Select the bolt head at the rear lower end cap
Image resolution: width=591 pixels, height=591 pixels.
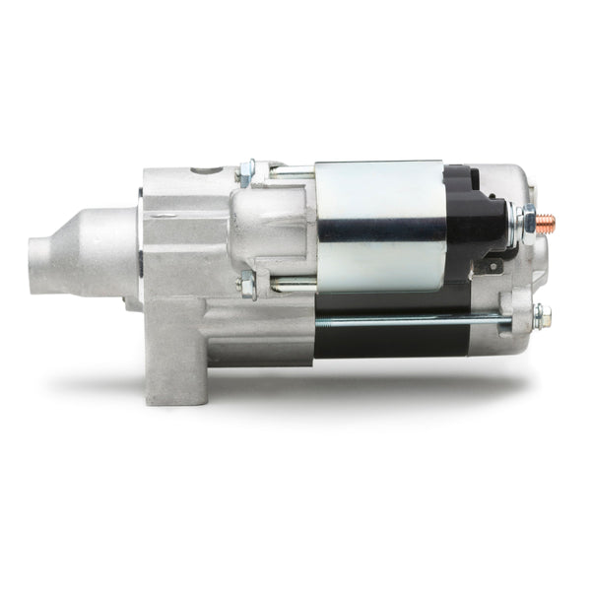(x=540, y=317)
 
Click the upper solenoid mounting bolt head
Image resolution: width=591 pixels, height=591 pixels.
(x=247, y=173)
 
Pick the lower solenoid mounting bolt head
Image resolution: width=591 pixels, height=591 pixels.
(x=246, y=285)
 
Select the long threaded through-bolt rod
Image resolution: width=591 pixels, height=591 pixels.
(x=414, y=319)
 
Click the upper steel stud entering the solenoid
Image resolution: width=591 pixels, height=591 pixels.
(x=292, y=173)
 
